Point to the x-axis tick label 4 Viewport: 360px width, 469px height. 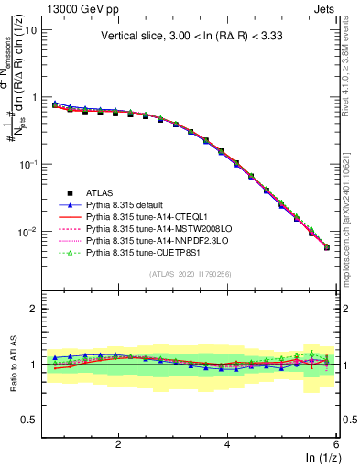pos(227,444)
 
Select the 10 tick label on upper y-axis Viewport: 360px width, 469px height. pos(30,29)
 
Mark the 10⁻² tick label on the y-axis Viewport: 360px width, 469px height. pos(27,232)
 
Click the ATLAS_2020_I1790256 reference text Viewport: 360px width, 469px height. pos(190,274)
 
